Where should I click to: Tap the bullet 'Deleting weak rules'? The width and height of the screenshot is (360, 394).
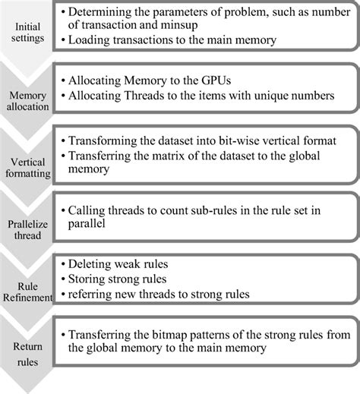pos(118,266)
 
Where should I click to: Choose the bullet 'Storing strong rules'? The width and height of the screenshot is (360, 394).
pos(118,280)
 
